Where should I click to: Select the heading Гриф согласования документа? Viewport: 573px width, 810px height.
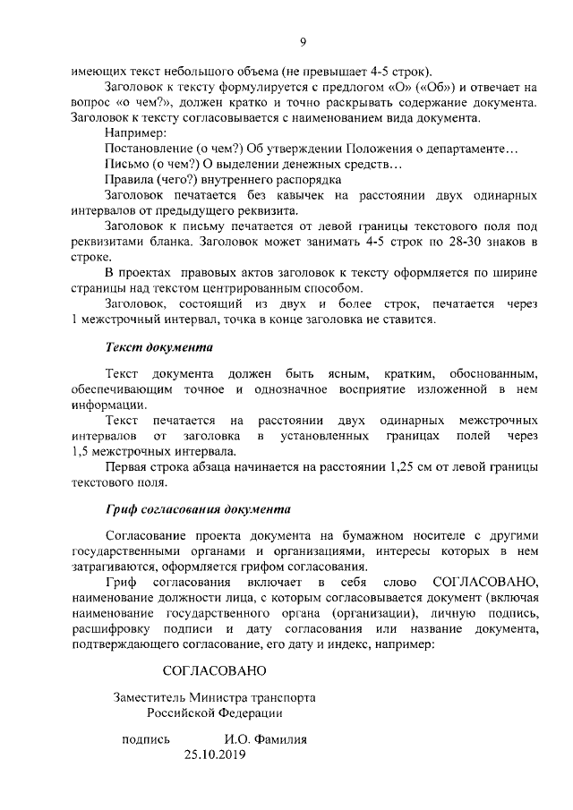tap(197, 509)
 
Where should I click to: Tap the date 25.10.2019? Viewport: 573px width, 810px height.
tap(214, 755)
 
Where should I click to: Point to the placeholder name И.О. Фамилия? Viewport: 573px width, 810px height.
tap(266, 739)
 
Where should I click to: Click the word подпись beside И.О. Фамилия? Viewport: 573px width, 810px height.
tap(145, 739)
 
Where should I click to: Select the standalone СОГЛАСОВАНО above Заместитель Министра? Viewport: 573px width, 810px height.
tap(214, 669)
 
